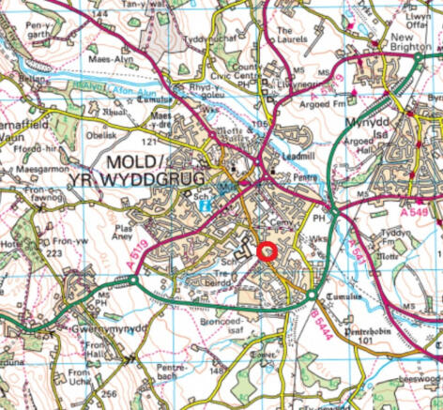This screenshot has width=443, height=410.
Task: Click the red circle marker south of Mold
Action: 266,251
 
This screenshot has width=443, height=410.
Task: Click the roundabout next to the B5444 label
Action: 311,297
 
